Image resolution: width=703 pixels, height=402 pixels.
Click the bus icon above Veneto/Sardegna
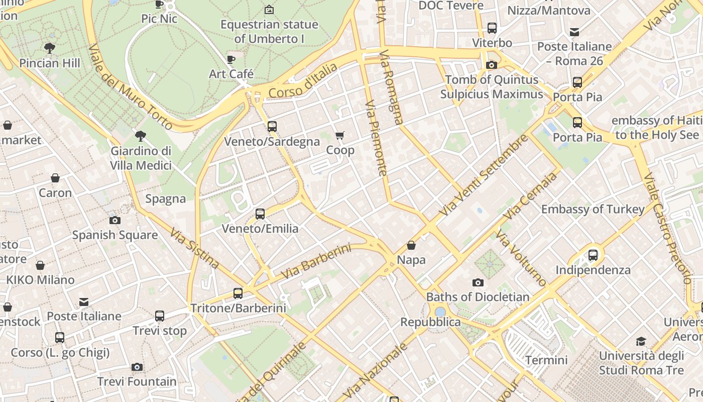(x=272, y=127)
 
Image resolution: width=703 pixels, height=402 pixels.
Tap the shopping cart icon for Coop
(x=340, y=135)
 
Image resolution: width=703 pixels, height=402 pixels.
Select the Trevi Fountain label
(x=137, y=381)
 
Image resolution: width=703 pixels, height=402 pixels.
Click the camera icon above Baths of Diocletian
(x=478, y=282)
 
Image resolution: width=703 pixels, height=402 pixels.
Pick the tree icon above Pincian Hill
(x=49, y=48)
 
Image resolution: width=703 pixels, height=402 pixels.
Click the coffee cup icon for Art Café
(x=231, y=59)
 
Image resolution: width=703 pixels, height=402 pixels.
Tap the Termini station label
(x=546, y=360)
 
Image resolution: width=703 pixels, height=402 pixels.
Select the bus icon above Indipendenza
(x=593, y=255)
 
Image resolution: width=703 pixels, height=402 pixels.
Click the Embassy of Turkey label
(x=593, y=209)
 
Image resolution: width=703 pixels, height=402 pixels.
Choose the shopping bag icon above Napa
(x=411, y=245)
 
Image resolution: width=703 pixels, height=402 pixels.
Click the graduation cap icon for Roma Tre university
(x=641, y=342)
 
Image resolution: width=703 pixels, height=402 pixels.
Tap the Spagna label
(x=166, y=198)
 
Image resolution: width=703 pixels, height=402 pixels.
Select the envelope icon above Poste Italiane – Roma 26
(x=574, y=32)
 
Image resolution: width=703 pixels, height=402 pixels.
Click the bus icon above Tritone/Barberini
(x=238, y=293)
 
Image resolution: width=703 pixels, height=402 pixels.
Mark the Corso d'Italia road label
(x=303, y=81)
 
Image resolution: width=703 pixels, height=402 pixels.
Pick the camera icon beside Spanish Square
(x=115, y=220)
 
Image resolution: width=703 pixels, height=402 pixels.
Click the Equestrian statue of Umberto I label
(x=269, y=31)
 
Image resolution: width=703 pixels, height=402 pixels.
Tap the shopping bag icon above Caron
(x=55, y=178)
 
